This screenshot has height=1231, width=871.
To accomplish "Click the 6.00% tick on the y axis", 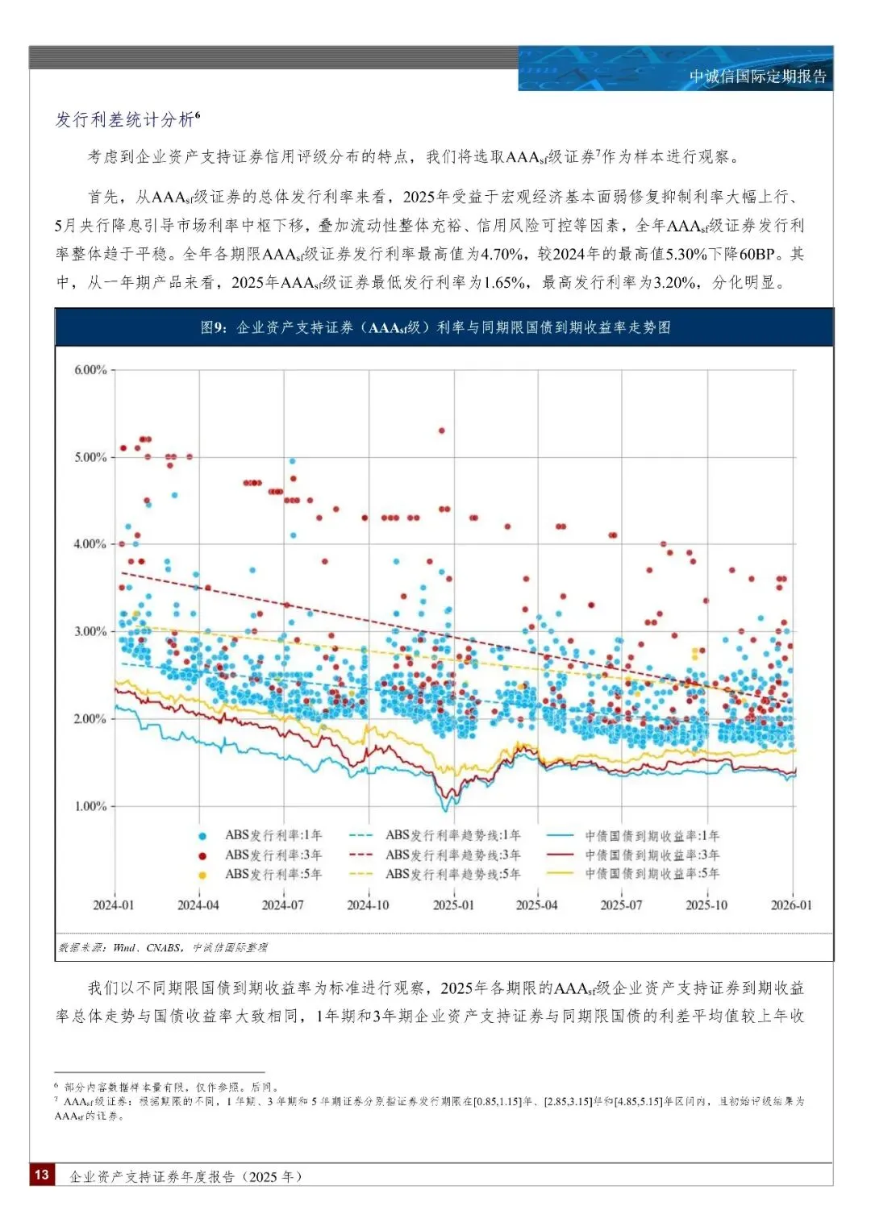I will (x=90, y=370).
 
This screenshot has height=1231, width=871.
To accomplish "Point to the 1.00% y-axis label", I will (x=90, y=806).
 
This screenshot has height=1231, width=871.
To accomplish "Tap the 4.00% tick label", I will (x=90, y=544).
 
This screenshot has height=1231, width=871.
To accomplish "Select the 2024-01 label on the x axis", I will (x=114, y=905).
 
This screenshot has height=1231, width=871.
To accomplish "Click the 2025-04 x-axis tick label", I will (x=536, y=905).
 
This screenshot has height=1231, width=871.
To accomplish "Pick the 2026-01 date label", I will (x=791, y=905).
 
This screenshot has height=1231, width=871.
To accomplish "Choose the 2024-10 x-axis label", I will (x=368, y=905).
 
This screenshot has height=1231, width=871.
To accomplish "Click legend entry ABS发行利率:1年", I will (x=273, y=836).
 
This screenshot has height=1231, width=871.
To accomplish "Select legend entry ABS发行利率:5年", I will (x=273, y=875).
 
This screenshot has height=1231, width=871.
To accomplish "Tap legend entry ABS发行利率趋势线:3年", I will (x=452, y=855).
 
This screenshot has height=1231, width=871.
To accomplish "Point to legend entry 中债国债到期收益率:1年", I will (x=652, y=836).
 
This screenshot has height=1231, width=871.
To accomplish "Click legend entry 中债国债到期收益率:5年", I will (x=652, y=874).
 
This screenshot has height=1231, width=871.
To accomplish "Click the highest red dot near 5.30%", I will (x=441, y=430).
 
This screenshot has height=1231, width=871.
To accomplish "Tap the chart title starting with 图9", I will (x=435, y=327).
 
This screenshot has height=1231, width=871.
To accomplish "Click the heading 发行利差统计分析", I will (x=124, y=120).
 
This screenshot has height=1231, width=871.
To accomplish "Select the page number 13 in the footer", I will (x=41, y=1175).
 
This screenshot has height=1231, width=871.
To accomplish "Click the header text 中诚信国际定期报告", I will (x=757, y=77).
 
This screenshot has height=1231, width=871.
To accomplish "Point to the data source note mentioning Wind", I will (x=162, y=948).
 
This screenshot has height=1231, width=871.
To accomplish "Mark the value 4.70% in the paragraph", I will (x=502, y=255).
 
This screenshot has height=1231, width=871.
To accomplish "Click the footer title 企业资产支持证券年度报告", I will (x=185, y=1177).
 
